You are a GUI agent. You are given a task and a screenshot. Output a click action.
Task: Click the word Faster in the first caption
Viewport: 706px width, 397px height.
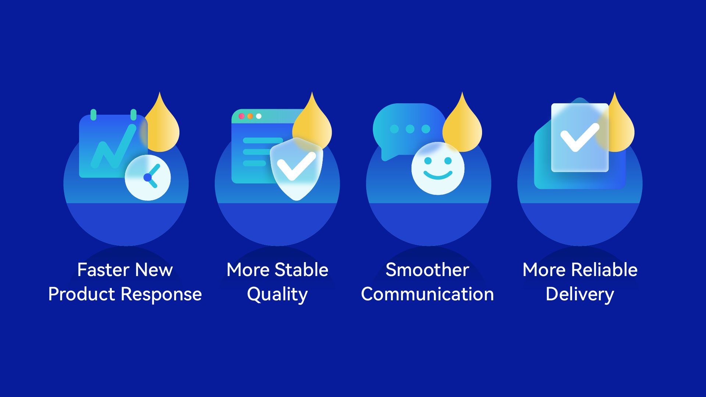click(x=104, y=270)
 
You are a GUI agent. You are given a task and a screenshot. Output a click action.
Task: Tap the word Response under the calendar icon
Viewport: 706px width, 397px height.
click(x=161, y=295)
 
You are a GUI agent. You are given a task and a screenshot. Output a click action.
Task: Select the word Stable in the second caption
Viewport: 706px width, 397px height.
click(x=302, y=270)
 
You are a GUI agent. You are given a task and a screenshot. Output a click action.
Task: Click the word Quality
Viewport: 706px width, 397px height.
click(x=277, y=295)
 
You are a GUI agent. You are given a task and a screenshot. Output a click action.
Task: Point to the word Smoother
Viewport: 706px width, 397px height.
click(x=427, y=270)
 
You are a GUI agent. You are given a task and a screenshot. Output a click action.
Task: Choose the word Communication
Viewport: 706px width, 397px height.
click(x=427, y=294)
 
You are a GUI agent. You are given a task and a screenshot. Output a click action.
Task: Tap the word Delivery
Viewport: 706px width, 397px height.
click(x=580, y=295)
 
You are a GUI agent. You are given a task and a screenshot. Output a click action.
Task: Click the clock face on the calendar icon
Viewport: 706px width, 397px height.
click(x=148, y=178)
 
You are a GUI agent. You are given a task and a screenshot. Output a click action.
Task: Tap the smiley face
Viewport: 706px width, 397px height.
click(x=438, y=168)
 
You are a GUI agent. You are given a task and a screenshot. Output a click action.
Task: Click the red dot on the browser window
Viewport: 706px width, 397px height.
click(x=242, y=116)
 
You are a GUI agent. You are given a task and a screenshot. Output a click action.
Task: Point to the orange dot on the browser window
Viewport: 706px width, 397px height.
click(x=250, y=116)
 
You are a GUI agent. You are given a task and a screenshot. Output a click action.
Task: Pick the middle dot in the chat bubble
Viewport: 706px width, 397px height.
click(x=410, y=129)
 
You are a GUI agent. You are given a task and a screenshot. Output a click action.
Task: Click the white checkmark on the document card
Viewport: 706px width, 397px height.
click(x=580, y=137)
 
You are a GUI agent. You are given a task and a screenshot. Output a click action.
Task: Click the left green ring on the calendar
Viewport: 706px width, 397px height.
click(x=93, y=115)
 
